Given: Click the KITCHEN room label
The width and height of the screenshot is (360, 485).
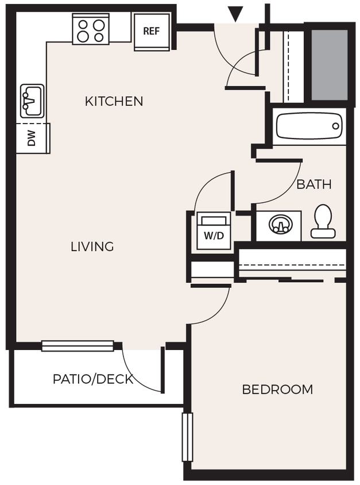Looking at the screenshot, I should coord(114,102).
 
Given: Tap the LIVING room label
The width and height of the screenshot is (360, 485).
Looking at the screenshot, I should coord(92,247).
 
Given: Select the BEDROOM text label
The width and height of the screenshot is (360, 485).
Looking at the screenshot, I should coord(277,390).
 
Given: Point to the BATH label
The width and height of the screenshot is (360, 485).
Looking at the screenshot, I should coord(314,184).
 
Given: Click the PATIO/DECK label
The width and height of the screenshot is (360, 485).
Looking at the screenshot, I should coord(93,379).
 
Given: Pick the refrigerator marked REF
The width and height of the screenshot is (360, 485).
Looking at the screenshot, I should coord(152,32).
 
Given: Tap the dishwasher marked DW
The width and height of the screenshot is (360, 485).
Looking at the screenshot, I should coord(32,138).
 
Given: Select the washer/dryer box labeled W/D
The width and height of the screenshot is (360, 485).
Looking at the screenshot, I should coord(214,231).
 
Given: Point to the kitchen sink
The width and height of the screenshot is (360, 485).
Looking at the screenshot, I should coord(32,101).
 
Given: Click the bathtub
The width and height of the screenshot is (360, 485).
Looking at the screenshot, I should coord(309,126).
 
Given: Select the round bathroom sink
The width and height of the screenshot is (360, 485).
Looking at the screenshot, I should coord(279,225).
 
